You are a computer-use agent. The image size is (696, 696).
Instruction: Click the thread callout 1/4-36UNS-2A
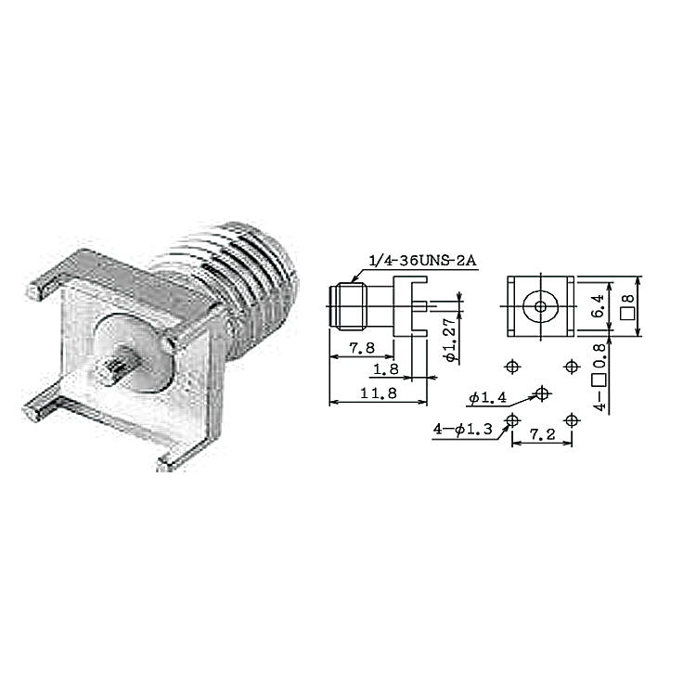coord(422,261)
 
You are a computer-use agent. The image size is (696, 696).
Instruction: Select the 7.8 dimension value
coord(362,348)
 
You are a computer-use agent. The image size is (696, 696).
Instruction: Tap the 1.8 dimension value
coord(386,369)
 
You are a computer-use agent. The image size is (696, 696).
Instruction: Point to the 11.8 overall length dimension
coord(379,393)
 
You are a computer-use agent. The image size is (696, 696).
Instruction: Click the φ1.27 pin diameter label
coord(450,341)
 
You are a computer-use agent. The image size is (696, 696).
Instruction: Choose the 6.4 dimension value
coord(599,306)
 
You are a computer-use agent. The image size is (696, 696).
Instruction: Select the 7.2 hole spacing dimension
coord(542,434)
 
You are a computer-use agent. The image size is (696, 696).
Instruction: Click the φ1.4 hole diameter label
coord(487,398)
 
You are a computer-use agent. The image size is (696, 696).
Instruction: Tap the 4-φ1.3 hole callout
coord(462,430)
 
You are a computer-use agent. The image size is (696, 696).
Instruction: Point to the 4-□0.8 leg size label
coord(599,378)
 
